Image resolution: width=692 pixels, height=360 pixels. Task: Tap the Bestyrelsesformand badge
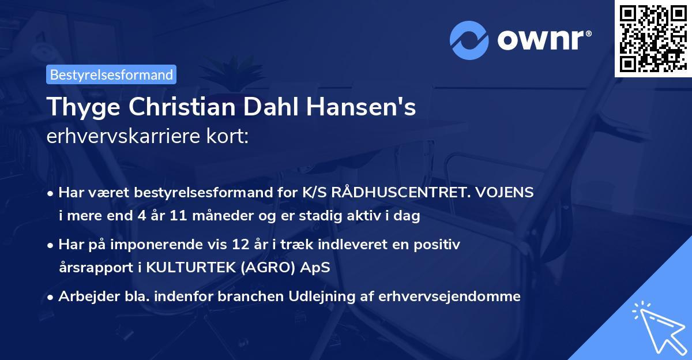coord(111,74)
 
